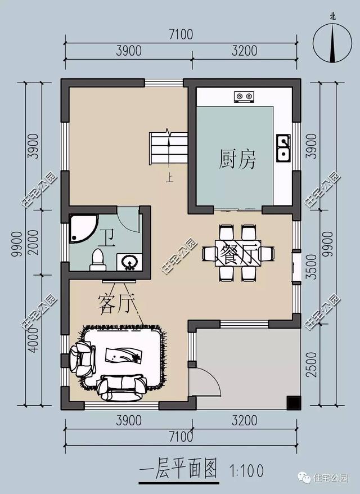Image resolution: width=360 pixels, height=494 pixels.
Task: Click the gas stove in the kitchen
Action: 244,96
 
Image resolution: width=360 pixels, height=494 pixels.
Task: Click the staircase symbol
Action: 167,148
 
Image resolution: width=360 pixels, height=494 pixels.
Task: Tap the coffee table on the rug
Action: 123,355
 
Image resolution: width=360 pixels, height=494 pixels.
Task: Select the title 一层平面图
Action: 178,468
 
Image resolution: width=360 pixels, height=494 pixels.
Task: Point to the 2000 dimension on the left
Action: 35,242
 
